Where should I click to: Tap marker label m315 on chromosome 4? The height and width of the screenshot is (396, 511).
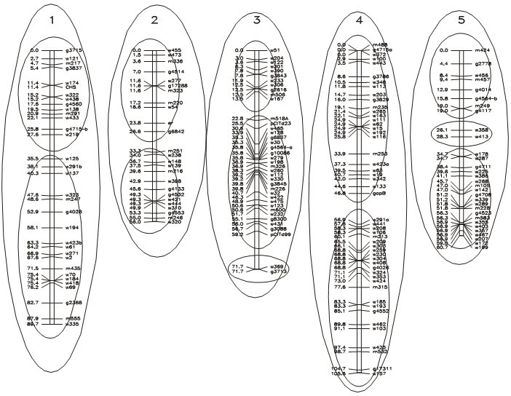pyautogui.click(x=380, y=288)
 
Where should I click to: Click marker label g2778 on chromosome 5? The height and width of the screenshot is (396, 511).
pyautogui.click(x=485, y=63)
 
